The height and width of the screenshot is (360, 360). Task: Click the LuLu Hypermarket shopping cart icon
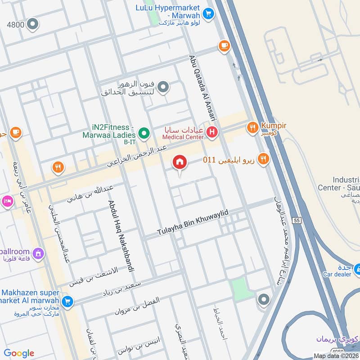[207, 14]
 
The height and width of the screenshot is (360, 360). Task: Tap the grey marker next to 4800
[33, 24]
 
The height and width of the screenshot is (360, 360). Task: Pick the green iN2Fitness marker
[144, 133]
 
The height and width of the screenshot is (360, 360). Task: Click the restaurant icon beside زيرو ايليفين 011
[264, 158]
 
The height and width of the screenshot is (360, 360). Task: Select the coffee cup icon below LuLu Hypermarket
[224, 45]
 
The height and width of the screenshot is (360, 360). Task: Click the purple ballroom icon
[38, 254]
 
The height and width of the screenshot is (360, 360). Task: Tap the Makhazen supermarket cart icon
[67, 301]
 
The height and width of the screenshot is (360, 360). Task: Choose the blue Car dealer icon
[357, 270]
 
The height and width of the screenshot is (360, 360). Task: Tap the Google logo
[19, 353]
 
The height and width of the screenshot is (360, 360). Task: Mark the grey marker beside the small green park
[263, 299]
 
